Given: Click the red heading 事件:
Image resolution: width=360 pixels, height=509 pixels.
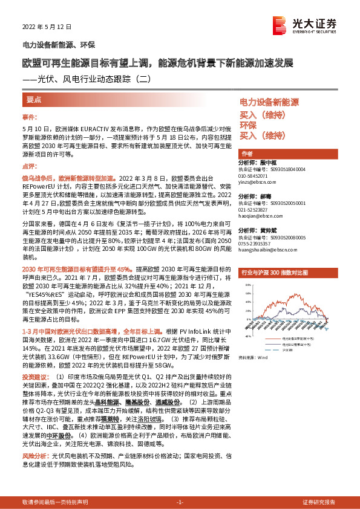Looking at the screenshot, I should [x=30, y=116].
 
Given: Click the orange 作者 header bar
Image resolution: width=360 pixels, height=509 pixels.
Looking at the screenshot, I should [x=247, y=154].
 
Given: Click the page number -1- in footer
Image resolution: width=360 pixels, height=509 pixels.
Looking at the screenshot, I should [x=180, y=502].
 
